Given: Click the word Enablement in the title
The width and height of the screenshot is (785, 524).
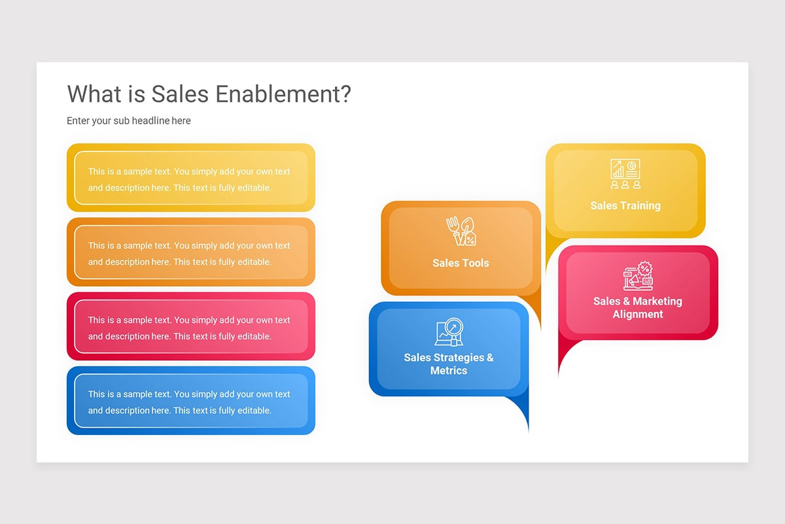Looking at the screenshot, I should [276, 94].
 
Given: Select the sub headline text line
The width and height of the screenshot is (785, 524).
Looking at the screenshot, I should [129, 121].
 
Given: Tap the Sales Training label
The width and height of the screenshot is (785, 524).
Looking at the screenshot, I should [625, 206].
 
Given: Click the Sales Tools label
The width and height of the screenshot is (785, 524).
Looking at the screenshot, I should [461, 263].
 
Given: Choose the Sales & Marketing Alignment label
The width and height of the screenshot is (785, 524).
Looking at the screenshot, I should [638, 308].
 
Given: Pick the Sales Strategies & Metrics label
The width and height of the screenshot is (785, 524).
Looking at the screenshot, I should [449, 364].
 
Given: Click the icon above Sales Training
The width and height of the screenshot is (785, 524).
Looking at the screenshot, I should [625, 174].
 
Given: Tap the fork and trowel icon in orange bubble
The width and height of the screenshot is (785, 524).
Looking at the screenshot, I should [461, 231].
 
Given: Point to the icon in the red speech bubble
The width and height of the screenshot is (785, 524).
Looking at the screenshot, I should [638, 276].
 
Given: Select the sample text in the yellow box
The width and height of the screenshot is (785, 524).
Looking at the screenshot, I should [189, 179].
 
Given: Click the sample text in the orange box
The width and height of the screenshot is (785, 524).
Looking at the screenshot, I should [189, 253].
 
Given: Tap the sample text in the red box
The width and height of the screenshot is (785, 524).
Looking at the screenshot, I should [189, 328].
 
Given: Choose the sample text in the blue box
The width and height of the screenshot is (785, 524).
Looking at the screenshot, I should [189, 402].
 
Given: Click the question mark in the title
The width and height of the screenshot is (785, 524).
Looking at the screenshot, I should [345, 94].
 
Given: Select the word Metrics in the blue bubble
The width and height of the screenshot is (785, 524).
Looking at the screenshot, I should [449, 371].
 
